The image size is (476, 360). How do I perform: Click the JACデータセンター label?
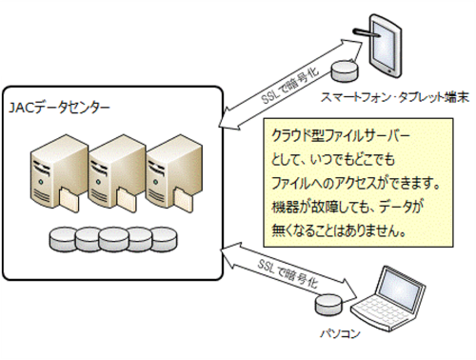(59, 108)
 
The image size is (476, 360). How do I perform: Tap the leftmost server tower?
(59, 172)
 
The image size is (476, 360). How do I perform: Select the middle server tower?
(117, 172)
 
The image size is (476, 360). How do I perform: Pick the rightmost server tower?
(174, 172)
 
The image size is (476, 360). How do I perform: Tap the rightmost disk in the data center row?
(164, 239)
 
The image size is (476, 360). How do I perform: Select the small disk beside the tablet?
(345, 71)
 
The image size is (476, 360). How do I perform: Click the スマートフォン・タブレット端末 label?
(394, 97)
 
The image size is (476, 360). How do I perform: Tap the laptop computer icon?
(387, 299)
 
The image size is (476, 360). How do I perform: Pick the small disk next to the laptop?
(329, 304)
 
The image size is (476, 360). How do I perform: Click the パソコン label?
(340, 334)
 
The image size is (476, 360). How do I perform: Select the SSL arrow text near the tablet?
(290, 85)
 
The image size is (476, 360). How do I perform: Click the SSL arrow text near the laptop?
(288, 273)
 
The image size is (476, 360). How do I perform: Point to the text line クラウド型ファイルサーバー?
(341, 136)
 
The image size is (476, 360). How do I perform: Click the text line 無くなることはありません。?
(339, 230)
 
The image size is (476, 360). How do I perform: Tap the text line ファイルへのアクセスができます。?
(356, 183)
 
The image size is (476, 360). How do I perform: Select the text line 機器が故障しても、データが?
(347, 207)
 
